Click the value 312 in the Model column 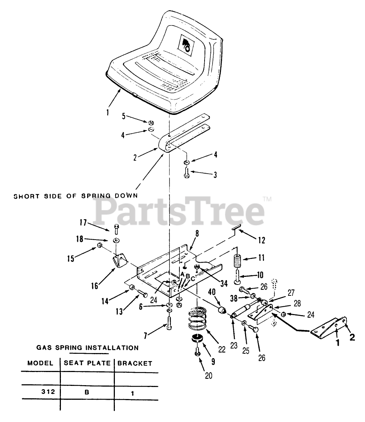[48, 392]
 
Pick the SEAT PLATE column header [87, 363]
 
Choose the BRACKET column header [135, 363]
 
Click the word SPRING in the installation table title [70, 348]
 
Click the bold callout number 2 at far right [352, 337]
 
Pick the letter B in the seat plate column [87, 392]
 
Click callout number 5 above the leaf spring [124, 117]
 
